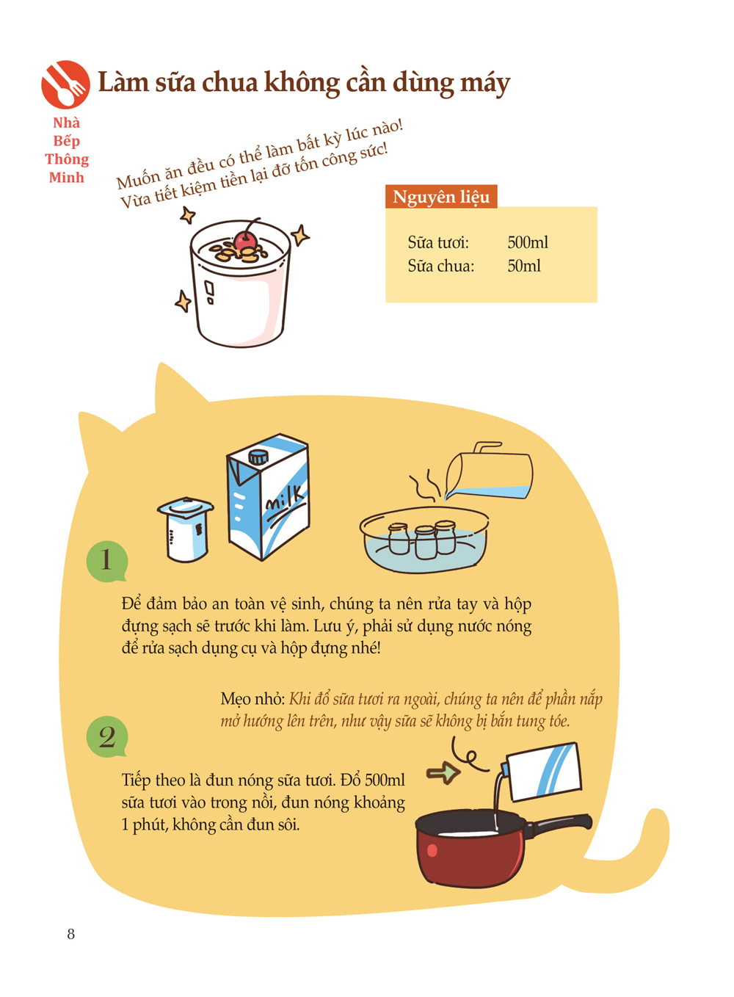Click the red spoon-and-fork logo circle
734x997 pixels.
click(66, 84)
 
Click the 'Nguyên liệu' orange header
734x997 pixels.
click(441, 197)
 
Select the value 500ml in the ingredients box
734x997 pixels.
click(528, 242)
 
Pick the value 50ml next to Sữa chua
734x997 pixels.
click(524, 267)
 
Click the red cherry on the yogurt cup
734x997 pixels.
click(246, 241)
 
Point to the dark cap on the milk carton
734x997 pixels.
click(258, 457)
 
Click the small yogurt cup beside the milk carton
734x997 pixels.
click(186, 529)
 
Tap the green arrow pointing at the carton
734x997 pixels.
click(443, 772)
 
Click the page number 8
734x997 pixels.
click(70, 934)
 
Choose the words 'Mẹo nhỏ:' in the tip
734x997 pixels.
click(252, 700)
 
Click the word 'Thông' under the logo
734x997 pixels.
click(67, 159)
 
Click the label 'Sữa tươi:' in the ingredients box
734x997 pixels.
click(438, 243)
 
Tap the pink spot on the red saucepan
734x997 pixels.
click(432, 851)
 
